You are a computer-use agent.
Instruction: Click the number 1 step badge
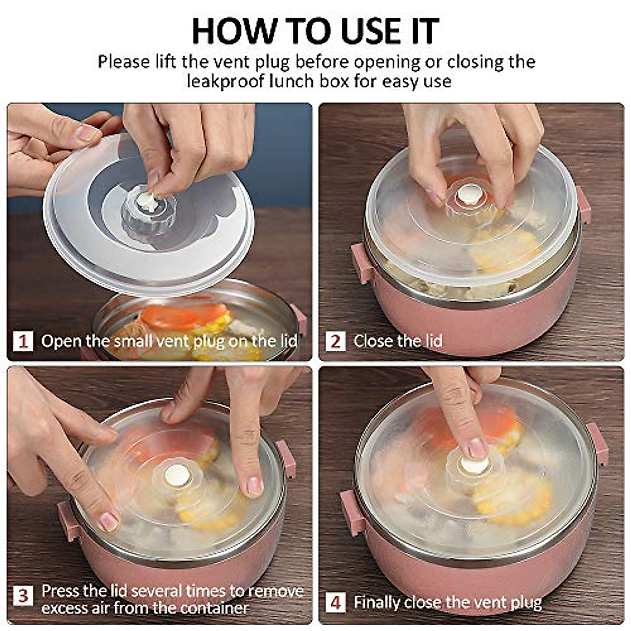pyautogui.click(x=23, y=341)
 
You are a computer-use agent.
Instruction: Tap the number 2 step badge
pyautogui.click(x=335, y=341)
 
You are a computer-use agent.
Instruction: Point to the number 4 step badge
pyautogui.click(x=335, y=603)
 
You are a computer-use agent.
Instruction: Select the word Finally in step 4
pyautogui.click(x=376, y=603)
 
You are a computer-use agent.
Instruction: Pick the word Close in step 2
pyautogui.click(x=372, y=341)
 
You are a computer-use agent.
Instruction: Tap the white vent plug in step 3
pyautogui.click(x=177, y=474)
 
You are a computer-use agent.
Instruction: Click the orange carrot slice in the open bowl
pyautogui.click(x=184, y=315)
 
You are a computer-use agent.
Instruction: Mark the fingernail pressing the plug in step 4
pyautogui.click(x=477, y=448)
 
